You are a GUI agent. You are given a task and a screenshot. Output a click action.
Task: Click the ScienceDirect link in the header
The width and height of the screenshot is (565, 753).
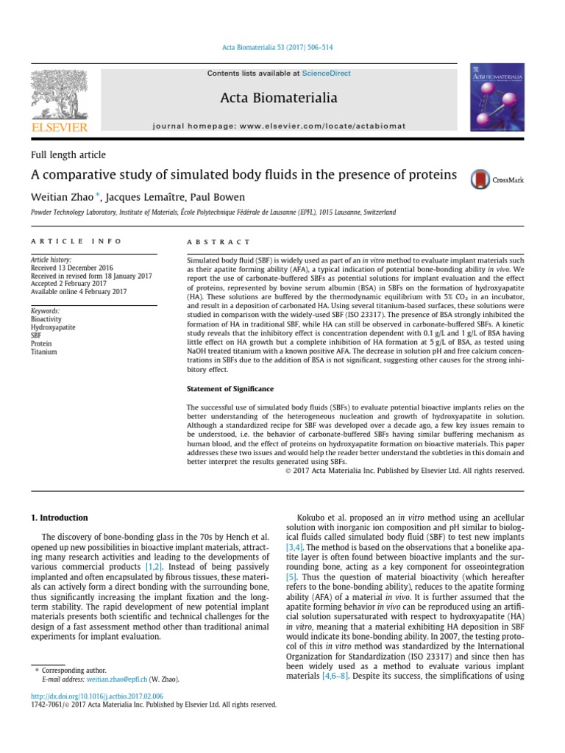click(326, 74)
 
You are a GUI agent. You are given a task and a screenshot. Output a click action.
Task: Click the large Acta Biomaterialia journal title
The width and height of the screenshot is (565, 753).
click(279, 98)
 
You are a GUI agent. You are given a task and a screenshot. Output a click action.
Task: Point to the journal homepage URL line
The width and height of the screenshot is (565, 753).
click(279, 126)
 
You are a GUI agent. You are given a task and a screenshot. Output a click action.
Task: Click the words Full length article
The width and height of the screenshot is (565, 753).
click(68, 155)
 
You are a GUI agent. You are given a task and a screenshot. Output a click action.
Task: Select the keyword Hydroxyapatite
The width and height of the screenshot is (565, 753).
click(53, 327)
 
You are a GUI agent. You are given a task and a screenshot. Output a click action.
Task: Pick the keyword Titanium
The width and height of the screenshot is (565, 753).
click(43, 351)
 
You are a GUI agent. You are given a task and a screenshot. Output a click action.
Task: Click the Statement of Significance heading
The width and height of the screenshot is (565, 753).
click(230, 388)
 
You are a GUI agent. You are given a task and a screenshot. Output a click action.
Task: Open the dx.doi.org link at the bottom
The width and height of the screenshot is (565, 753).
click(96, 696)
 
